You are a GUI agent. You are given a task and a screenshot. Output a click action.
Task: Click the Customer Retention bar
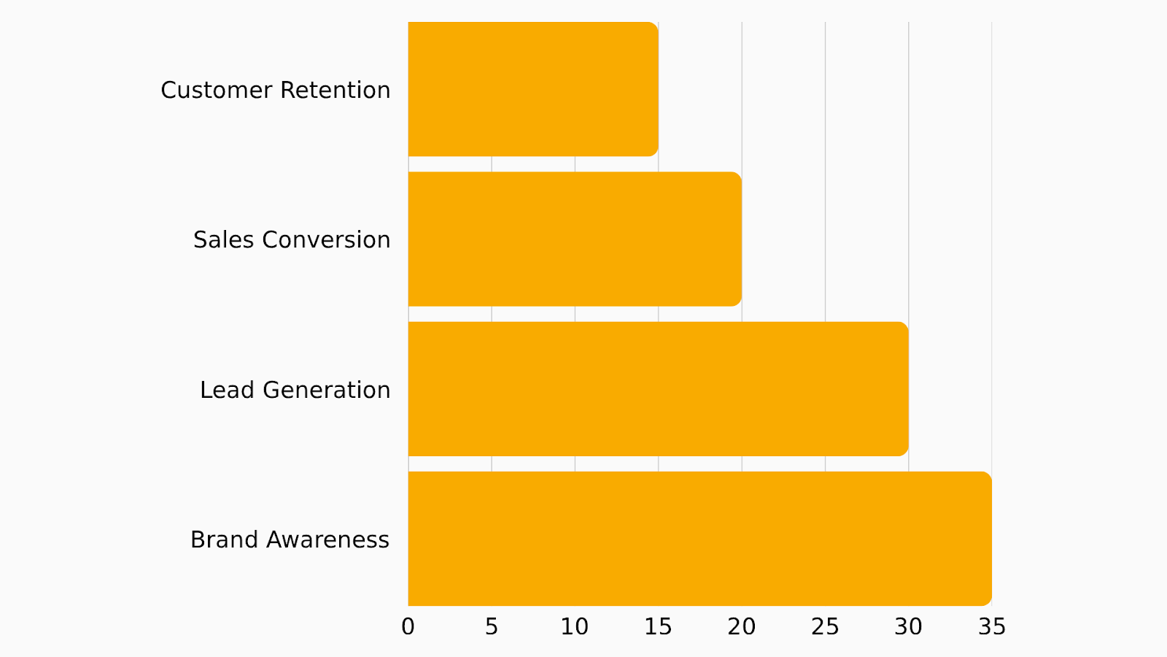coord(532,89)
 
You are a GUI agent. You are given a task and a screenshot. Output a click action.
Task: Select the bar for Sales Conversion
coord(575,239)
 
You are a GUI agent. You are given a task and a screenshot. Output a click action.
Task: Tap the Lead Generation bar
coord(658,389)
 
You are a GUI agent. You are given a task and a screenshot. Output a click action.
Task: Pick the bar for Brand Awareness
coord(699,539)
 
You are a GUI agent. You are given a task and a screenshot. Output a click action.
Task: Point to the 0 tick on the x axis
coord(408,626)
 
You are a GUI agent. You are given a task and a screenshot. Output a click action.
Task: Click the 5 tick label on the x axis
coord(492,626)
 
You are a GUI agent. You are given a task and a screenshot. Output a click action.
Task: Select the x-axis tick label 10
coord(575,626)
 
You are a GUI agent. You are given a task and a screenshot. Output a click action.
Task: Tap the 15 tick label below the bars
coord(658,626)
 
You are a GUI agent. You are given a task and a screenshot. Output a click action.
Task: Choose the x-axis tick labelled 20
coord(742,626)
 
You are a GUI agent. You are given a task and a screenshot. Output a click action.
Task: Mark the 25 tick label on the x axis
coord(825,626)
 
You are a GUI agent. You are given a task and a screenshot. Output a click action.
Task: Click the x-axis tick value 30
coord(908,626)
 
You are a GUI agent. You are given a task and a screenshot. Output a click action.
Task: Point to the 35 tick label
coord(992,626)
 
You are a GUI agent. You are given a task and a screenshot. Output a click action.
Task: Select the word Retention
coord(335,90)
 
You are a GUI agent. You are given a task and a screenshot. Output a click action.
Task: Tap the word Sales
coord(224,239)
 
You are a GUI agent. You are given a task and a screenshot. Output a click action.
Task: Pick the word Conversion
coord(326,239)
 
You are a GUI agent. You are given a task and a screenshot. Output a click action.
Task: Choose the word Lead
coord(228,390)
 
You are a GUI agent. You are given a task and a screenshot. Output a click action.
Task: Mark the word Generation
coord(326,390)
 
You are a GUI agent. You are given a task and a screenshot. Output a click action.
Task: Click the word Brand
coord(225,539)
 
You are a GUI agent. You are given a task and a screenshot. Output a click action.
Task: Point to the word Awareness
coord(327,539)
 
